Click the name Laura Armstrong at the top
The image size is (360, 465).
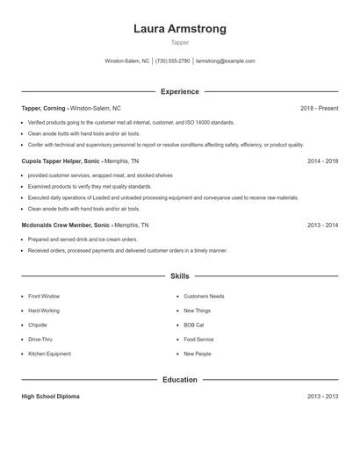pos(179,29)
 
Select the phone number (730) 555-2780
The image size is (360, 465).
pos(173,61)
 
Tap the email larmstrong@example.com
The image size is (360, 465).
pos(226,61)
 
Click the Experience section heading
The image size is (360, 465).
pos(179,91)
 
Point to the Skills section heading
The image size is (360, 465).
pos(179,276)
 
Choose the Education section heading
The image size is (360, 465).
pos(179,380)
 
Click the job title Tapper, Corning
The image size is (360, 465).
pos(45,108)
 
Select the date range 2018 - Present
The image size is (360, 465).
pos(319,108)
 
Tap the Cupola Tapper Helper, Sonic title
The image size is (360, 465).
pos(61,161)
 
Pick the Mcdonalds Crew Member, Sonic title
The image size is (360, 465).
pos(66,225)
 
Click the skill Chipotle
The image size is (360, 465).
pos(38,325)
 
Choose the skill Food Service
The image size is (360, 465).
pos(198,339)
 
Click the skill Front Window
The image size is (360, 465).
pos(44,297)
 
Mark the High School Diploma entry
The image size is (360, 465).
pos(50,397)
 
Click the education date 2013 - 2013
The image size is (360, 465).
pos(322,397)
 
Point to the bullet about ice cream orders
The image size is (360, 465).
pos(83,239)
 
